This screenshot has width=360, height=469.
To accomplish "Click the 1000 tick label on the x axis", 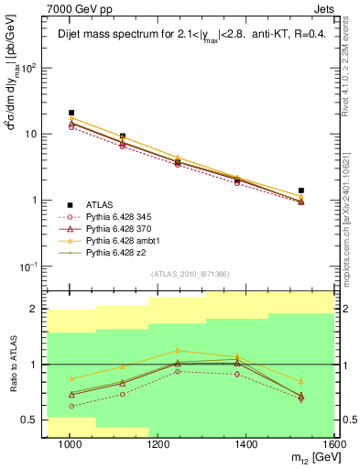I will point(70,443).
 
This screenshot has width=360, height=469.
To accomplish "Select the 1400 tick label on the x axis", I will point(247,443).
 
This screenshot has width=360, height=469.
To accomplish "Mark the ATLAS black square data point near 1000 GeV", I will point(71,113).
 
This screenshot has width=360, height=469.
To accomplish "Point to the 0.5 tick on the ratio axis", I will point(36,420).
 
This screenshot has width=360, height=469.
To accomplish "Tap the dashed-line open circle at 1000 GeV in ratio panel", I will point(71,406).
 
